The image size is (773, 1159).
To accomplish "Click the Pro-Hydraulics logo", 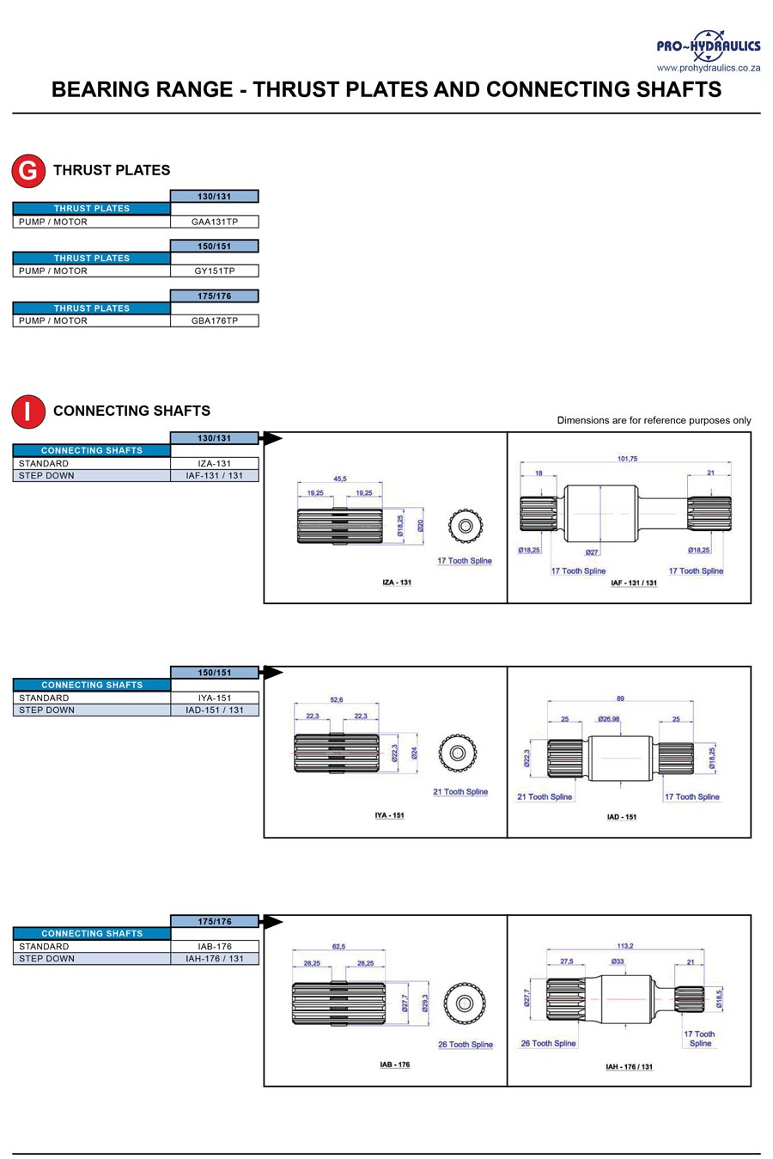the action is click(x=709, y=46).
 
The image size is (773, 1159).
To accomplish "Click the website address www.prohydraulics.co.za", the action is click(x=709, y=68).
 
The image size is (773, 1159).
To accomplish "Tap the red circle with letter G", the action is click(x=28, y=170).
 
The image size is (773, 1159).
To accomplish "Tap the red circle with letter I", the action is click(x=28, y=412).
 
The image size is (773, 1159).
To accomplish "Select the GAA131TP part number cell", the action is click(x=214, y=222).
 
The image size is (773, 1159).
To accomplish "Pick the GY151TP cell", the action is click(x=214, y=271).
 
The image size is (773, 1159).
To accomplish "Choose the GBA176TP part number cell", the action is click(x=214, y=320).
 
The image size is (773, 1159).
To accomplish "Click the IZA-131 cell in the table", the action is click(x=214, y=463).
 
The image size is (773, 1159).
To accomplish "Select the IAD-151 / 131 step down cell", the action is click(x=214, y=710).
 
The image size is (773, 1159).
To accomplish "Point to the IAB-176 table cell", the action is click(x=214, y=946).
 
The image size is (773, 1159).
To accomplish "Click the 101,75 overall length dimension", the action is click(x=627, y=459).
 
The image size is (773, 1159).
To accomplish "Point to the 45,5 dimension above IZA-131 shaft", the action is click(x=340, y=479).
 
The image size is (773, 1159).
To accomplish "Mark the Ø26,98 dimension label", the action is click(x=608, y=719).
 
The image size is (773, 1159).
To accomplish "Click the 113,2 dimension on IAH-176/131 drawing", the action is click(x=625, y=946).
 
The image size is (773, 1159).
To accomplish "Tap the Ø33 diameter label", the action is click(x=618, y=961).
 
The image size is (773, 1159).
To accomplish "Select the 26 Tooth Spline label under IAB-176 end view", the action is click(x=466, y=1044).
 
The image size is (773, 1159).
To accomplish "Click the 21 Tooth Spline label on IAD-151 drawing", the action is click(x=545, y=796).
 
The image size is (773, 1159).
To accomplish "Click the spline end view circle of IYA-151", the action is click(x=458, y=753).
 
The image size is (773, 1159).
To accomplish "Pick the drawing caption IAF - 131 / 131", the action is click(x=634, y=583).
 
